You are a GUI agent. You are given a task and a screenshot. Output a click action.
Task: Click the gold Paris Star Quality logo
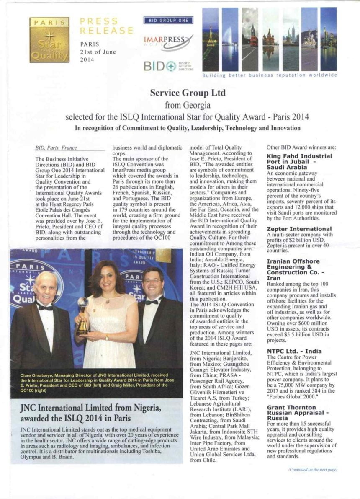pyautogui.click(x=49, y=40)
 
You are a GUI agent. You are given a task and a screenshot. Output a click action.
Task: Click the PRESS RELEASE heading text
pyautogui.click(x=106, y=26)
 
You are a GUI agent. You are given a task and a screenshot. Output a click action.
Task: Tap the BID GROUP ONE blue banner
pyautogui.click(x=168, y=20)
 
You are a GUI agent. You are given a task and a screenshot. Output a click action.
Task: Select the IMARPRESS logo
pyautogui.click(x=168, y=41)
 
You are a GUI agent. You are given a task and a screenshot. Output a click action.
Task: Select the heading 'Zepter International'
pyautogui.click(x=299, y=229)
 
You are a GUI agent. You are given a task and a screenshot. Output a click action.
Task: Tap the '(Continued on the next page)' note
pyautogui.click(x=312, y=470)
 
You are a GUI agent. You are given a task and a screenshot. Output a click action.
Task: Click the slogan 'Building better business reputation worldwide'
pyautogui.click(x=269, y=75)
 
